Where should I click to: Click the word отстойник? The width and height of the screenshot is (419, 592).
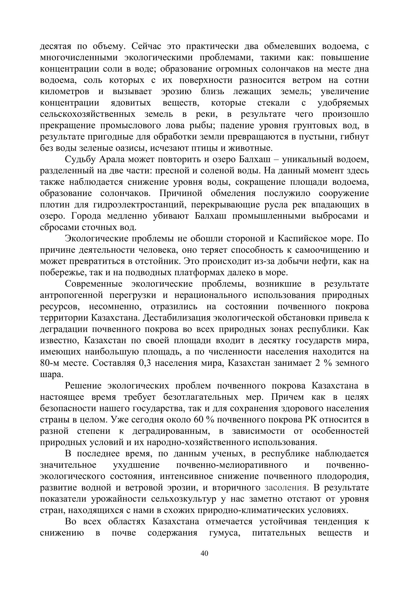point(159,261)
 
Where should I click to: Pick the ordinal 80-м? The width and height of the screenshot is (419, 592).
point(51,363)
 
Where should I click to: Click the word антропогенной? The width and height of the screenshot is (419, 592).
point(71,295)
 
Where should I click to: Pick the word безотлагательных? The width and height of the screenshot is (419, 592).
point(201,397)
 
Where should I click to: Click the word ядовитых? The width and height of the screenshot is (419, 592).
point(131,103)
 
